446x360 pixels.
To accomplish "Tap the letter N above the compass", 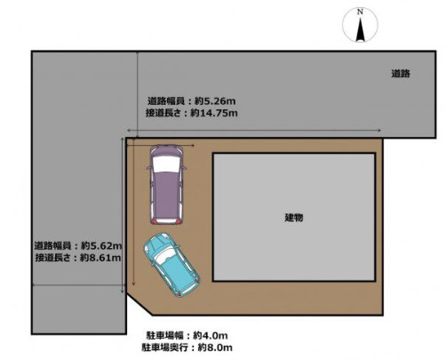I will coord(360,12).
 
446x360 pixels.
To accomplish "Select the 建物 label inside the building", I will coord(294,218).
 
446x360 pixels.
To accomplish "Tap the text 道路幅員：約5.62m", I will coord(78,245).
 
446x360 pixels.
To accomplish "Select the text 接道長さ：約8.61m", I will coord(78,258).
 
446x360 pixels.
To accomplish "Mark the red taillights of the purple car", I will coord(166,219).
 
